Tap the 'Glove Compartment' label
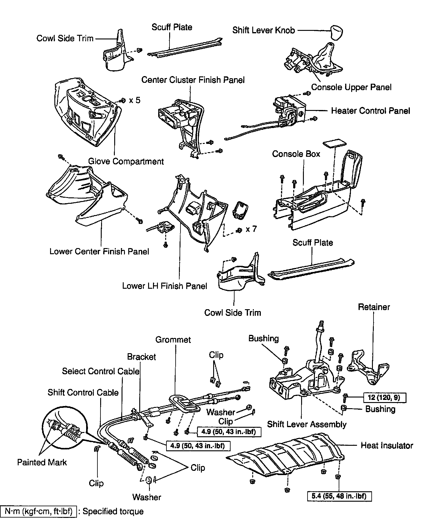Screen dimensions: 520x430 click(x=126, y=161)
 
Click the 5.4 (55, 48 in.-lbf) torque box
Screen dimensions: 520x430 click(x=339, y=496)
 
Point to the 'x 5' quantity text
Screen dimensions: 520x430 click(x=135, y=100)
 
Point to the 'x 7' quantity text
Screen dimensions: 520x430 click(x=251, y=229)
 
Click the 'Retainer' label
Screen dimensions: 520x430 click(x=374, y=307)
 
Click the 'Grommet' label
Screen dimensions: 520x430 click(x=173, y=339)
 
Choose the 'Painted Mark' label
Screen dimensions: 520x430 click(x=42, y=462)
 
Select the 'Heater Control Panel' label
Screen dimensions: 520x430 click(x=370, y=111)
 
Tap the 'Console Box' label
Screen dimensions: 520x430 click(x=296, y=154)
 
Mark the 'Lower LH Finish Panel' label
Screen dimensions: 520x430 click(x=165, y=286)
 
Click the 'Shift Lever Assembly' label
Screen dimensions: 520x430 click(x=307, y=424)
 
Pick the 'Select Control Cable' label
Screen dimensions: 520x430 click(x=100, y=371)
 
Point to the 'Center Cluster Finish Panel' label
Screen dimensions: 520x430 click(x=193, y=80)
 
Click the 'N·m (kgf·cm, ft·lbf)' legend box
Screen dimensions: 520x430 click(x=38, y=511)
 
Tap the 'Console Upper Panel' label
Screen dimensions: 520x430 click(x=351, y=87)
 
